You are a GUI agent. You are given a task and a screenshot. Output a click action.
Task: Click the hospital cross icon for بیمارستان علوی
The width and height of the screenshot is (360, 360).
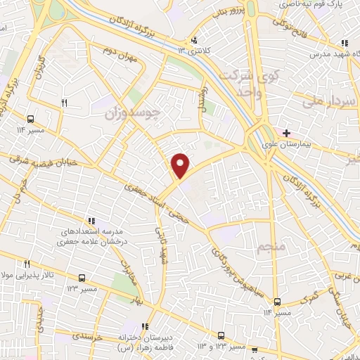click(287, 133)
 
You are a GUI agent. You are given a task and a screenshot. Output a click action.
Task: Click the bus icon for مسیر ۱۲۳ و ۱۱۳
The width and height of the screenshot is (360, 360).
click(221, 335)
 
